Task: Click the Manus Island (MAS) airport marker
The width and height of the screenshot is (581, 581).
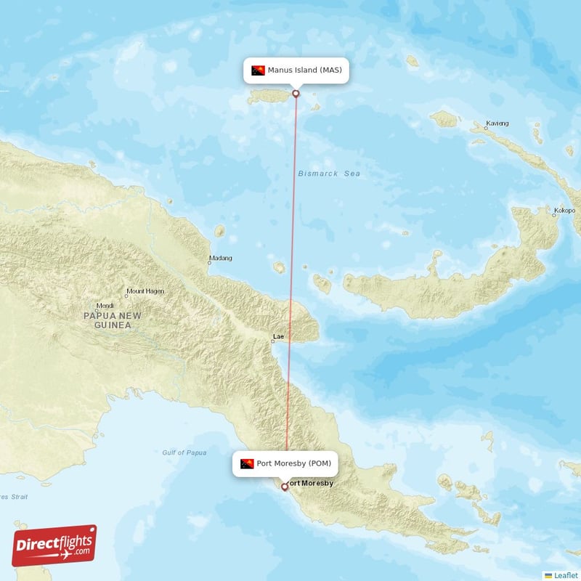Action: (296, 93)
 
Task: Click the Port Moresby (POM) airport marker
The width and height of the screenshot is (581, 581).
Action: (285, 487)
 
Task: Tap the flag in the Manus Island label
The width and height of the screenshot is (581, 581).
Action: (258, 70)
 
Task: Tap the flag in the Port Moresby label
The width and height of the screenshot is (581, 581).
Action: (247, 463)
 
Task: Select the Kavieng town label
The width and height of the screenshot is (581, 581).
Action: (497, 123)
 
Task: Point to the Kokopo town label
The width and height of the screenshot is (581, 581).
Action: (564, 211)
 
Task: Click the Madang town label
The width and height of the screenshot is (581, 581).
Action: (221, 258)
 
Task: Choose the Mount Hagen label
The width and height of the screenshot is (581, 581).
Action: (145, 291)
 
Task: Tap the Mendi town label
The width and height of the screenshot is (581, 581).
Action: (105, 306)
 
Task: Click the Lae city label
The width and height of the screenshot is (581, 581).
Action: (277, 337)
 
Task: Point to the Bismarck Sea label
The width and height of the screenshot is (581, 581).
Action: (329, 174)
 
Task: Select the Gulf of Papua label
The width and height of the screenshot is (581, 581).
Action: (184, 452)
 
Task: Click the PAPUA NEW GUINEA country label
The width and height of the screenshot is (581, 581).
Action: (113, 320)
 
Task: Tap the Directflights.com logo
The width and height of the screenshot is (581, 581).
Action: (54, 545)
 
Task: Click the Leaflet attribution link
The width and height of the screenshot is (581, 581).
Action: (566, 575)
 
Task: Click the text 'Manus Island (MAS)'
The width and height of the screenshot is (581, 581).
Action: (304, 70)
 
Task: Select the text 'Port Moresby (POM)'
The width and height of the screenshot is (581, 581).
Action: (293, 463)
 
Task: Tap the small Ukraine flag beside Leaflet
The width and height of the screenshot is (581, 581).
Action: (548, 575)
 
